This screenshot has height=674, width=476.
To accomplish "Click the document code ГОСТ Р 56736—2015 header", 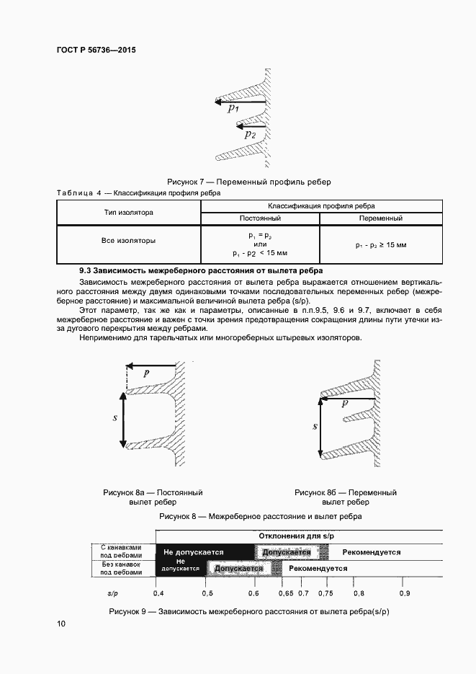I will pyautogui.click(x=96, y=50).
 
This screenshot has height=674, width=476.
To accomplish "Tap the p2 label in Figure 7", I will pyautogui.click(x=249, y=134).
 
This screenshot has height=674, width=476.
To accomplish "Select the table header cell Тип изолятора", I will pyautogui.click(x=129, y=213).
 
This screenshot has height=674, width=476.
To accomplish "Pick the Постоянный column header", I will pyautogui.click(x=260, y=218).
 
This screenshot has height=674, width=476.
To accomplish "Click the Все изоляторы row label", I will pyautogui.click(x=129, y=240).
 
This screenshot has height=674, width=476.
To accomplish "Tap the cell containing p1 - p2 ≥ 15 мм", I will pyautogui.click(x=380, y=245).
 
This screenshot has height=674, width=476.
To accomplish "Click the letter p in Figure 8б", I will pyautogui.click(x=344, y=404).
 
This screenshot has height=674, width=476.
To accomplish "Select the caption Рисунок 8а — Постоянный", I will pyautogui.click(x=153, y=493).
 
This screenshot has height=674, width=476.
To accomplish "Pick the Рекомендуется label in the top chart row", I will pyautogui.click(x=371, y=552).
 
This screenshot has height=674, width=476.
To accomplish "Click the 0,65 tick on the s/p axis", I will pyautogui.click(x=285, y=593).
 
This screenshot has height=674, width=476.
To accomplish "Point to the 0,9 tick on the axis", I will pyautogui.click(x=405, y=593).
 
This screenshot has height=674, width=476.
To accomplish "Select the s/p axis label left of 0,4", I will pyautogui.click(x=113, y=593).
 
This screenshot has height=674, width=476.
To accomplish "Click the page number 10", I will pyautogui.click(x=61, y=624).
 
